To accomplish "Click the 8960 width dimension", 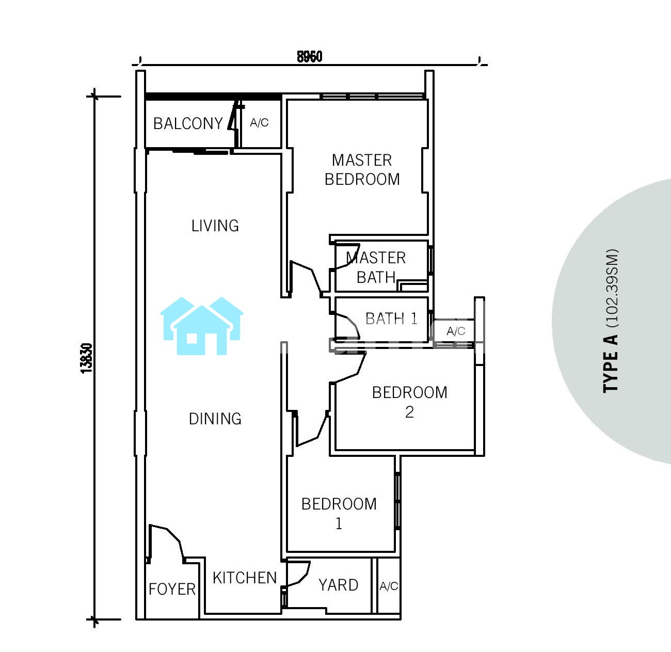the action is (x=309, y=57).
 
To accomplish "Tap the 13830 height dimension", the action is (x=87, y=358).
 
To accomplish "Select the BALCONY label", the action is (x=188, y=123).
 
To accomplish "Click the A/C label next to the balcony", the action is (x=259, y=122).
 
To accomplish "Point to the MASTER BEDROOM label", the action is (x=362, y=170).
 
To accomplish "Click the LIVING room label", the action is (x=215, y=226).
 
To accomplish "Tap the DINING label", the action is (x=215, y=419).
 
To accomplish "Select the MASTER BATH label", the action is (x=376, y=267).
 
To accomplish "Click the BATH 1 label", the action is (x=391, y=319).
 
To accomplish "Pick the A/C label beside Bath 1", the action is (x=456, y=331).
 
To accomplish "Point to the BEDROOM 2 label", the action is (x=410, y=402).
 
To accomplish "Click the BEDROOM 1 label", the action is (x=339, y=514).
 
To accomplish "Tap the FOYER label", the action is (x=172, y=589).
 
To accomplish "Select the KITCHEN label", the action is (x=245, y=578).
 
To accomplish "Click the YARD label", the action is (x=339, y=585).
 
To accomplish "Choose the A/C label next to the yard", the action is (x=389, y=586).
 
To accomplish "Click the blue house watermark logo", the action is (x=202, y=326).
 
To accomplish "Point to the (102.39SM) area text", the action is (x=612, y=288).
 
